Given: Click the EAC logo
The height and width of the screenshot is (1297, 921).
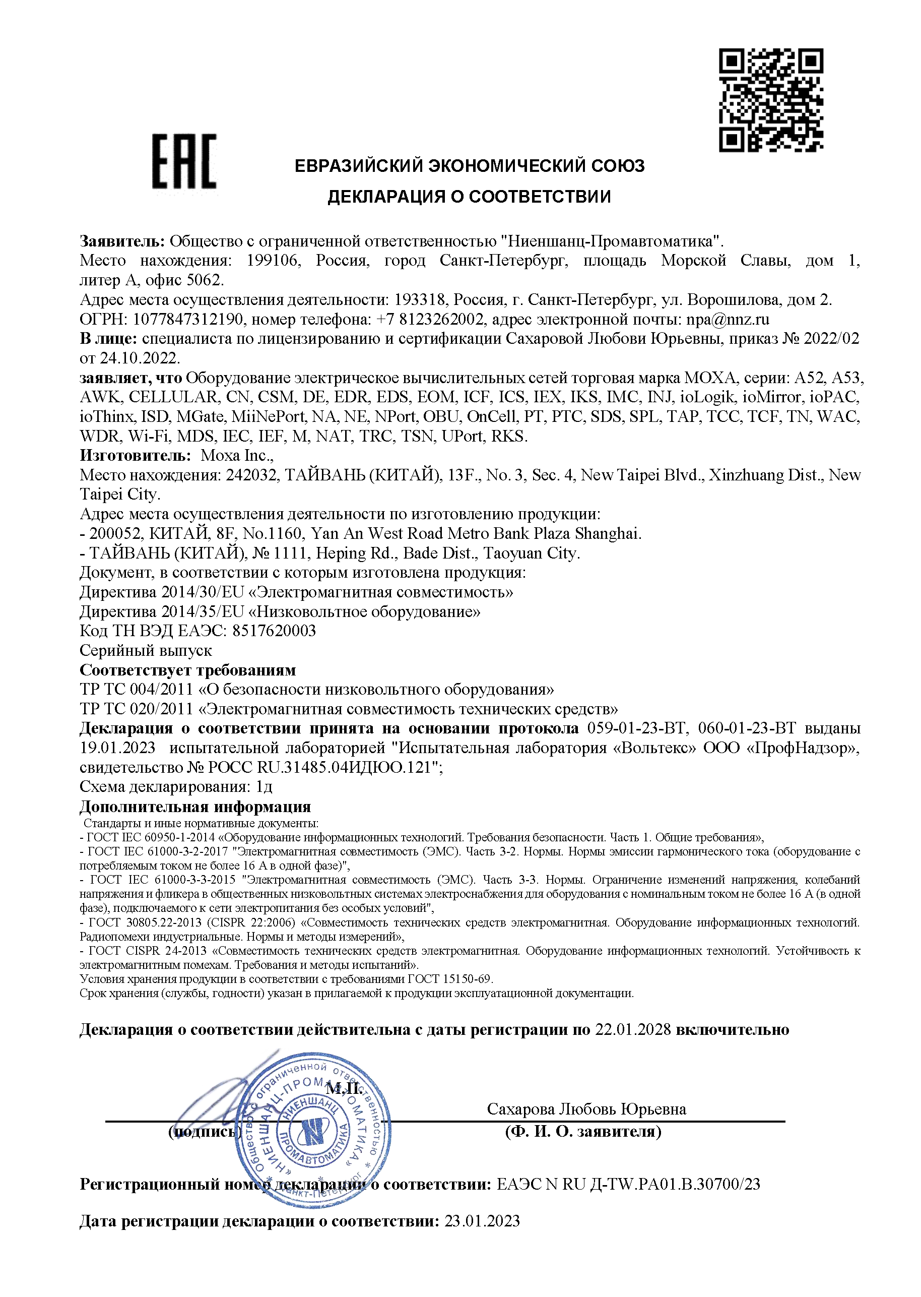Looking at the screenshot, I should [x=184, y=161].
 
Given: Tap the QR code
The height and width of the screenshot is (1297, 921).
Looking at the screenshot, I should [x=771, y=100].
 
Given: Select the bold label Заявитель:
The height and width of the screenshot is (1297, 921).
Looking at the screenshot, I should [x=122, y=241].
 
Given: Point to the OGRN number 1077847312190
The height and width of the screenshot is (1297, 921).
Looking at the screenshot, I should [x=188, y=320].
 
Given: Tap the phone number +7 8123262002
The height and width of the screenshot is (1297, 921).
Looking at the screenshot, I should [x=430, y=320].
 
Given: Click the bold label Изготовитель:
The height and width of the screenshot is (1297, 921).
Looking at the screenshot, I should [x=136, y=456].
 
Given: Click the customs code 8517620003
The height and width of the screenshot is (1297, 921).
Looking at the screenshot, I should [x=274, y=631].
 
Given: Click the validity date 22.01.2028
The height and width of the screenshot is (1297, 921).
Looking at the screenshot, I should [x=633, y=1029].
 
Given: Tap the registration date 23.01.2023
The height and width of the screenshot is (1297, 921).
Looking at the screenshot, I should [x=482, y=1221].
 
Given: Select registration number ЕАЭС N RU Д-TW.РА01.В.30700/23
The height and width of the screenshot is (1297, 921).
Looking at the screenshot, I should [x=628, y=1184].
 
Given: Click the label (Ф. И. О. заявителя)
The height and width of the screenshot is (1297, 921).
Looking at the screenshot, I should [x=583, y=1132].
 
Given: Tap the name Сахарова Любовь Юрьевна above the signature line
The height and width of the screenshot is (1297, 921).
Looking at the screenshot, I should [x=586, y=1109].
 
